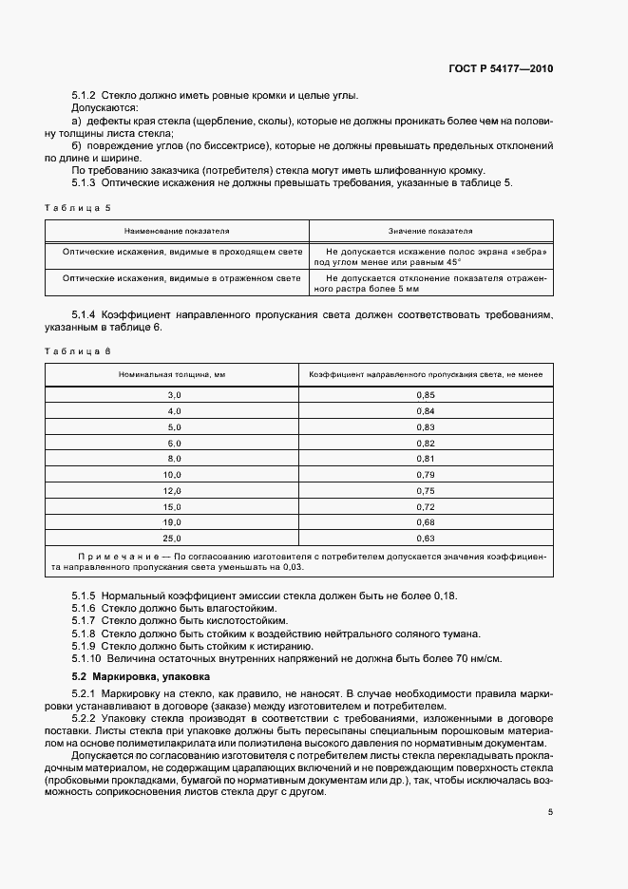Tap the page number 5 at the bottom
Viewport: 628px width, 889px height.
click(x=550, y=812)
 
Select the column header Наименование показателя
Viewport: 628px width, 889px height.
click(x=176, y=231)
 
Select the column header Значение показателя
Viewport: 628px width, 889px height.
click(x=429, y=231)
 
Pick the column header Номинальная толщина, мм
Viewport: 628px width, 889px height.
click(x=172, y=375)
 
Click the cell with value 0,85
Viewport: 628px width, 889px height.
click(x=426, y=393)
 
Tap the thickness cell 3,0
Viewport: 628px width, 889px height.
click(x=173, y=393)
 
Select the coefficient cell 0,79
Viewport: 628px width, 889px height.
click(x=426, y=473)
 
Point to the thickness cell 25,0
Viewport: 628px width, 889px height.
click(x=172, y=538)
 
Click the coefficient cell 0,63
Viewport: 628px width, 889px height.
click(x=426, y=538)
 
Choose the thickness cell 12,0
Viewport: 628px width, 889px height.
click(x=172, y=489)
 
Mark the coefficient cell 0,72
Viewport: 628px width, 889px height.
click(x=426, y=505)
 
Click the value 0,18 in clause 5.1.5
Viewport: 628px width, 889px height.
click(x=445, y=595)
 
